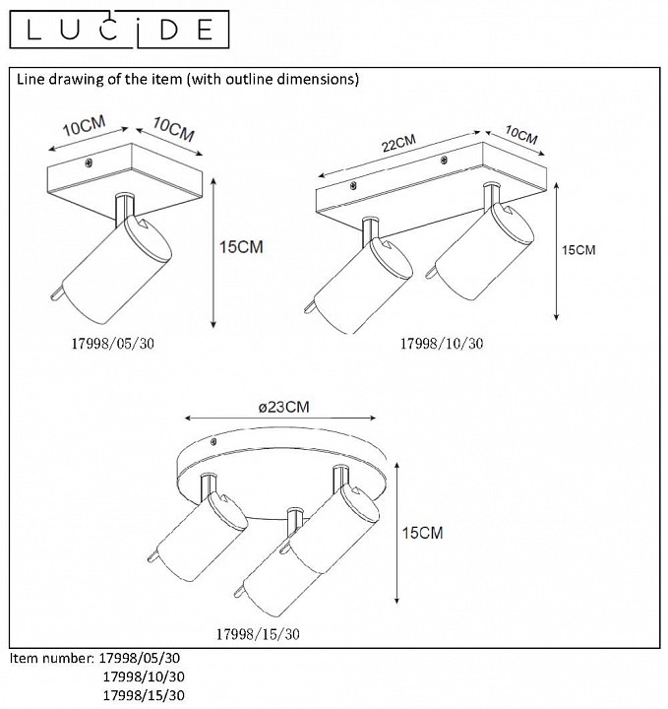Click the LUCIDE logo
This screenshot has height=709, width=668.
tap(119, 30)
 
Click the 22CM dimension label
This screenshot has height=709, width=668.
tap(398, 144)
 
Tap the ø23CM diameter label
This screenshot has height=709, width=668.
tap(284, 407)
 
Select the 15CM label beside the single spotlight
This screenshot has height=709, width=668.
tap(241, 247)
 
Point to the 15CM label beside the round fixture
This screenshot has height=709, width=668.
tap(423, 533)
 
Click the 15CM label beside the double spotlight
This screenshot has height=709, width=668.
tap(578, 250)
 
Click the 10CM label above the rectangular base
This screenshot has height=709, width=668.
tap(521, 135)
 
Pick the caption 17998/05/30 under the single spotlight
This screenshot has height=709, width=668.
tap(113, 344)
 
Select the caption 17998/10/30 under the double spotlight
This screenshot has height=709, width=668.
tap(442, 344)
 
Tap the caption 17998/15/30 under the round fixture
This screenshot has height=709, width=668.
tap(258, 634)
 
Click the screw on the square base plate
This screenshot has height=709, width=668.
tap(90, 162)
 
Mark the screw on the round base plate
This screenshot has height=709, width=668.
tap(213, 442)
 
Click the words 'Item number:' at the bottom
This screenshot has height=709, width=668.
tap(52, 658)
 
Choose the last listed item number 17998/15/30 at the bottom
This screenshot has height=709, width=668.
tap(144, 695)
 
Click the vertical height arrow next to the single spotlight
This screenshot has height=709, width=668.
tap(213, 253)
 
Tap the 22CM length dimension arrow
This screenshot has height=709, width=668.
tap(398, 155)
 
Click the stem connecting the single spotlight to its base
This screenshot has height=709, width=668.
tap(124, 209)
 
